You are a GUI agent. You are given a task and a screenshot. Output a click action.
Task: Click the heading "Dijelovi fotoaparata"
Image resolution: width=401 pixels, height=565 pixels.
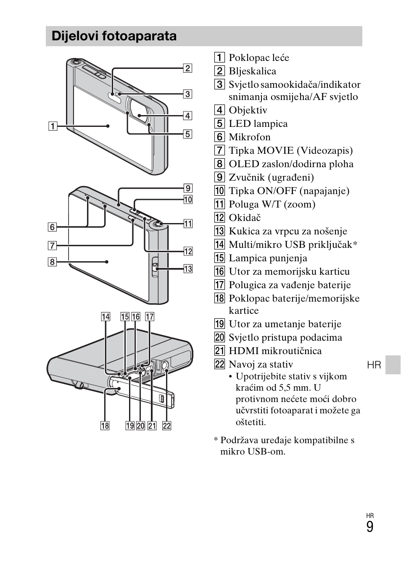point(114,36)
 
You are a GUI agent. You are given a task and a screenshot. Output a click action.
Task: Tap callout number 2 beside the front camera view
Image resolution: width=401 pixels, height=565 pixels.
point(187,68)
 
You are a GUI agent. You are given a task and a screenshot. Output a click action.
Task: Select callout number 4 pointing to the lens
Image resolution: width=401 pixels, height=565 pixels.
point(187,116)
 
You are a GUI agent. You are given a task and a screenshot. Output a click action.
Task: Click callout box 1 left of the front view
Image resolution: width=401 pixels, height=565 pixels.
point(52,126)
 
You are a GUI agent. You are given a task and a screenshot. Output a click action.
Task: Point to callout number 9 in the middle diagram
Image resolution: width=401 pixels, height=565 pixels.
point(188,188)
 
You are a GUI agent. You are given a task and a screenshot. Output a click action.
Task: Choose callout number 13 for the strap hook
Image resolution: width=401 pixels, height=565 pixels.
point(188,268)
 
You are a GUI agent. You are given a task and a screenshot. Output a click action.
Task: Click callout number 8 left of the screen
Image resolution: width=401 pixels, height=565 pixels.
point(52,262)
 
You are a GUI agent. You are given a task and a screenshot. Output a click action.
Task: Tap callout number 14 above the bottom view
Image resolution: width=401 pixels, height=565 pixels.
point(106,317)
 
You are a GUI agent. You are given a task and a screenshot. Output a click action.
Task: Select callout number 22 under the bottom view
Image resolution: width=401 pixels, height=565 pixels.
point(167,426)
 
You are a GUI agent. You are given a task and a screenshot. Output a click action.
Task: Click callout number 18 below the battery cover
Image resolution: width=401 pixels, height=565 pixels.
point(105,426)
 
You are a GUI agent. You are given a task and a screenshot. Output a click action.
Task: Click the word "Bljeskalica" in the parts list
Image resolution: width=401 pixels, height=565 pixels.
point(252,71)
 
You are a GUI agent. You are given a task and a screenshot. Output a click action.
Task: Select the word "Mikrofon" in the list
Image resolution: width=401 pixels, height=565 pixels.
point(249,137)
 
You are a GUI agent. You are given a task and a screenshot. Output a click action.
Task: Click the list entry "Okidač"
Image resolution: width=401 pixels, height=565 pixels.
point(245,218)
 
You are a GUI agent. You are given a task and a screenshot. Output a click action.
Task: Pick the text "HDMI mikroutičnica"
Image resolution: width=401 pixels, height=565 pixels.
point(275,351)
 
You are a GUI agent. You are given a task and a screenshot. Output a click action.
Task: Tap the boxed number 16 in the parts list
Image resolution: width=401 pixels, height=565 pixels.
point(219,271)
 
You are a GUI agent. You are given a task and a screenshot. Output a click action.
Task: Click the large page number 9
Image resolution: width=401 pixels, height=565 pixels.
point(369,527)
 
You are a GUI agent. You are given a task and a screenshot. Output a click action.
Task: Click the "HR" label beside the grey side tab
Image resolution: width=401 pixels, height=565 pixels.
point(374,365)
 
